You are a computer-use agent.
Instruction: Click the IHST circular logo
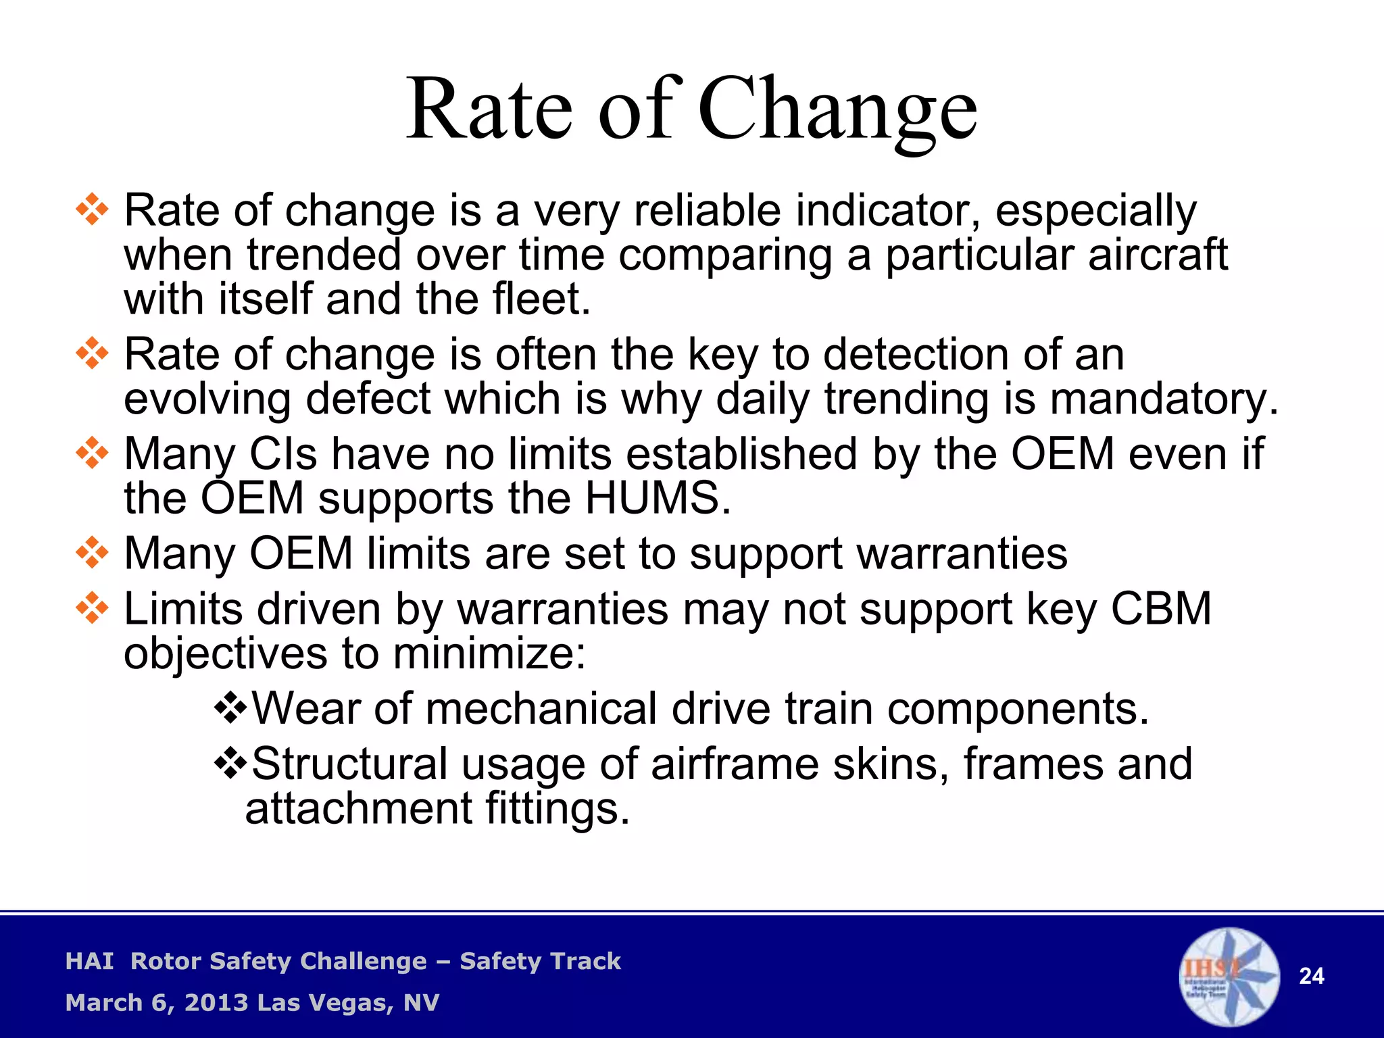pos(1229,977)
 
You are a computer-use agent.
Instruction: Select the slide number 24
pos(1312,977)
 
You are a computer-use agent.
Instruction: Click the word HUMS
pos(658,499)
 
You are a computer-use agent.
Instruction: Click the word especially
pos(1095,211)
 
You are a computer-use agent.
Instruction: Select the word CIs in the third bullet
pos(283,454)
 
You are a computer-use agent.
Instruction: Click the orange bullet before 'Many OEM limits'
pos(92,553)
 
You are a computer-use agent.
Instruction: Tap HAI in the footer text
pos(89,961)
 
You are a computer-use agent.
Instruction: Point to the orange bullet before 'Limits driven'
pos(92,609)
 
